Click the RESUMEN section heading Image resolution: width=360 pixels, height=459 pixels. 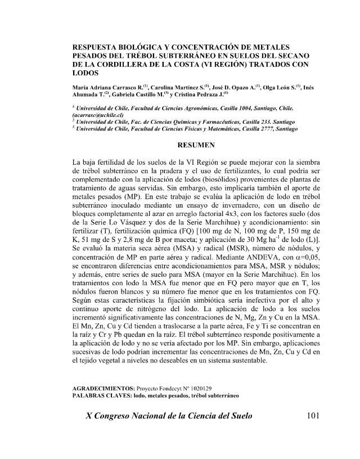pyautogui.click(x=193, y=145)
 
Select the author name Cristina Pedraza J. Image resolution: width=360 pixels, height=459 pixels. pyautogui.click(x=188, y=96)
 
